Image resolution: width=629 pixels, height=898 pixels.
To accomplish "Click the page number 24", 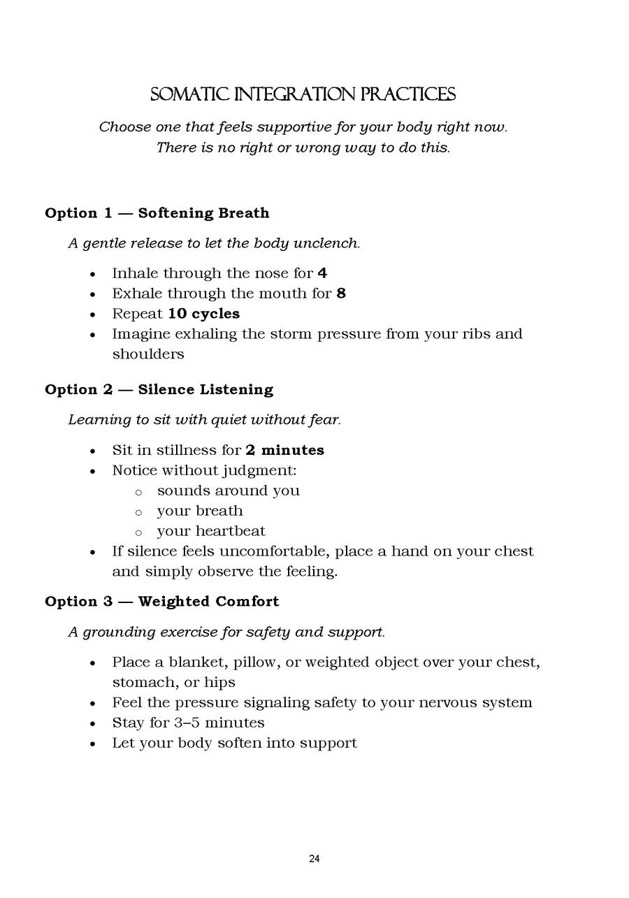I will coord(314,859).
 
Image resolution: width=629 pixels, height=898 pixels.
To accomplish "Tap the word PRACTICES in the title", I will coord(417,95).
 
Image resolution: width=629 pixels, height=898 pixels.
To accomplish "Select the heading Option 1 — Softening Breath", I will coord(157,213).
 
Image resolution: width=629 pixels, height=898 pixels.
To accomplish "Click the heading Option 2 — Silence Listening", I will coord(159,390).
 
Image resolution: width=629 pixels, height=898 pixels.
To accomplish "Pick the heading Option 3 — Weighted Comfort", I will coord(161,602).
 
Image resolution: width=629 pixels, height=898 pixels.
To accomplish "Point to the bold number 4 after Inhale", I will coord(322,273).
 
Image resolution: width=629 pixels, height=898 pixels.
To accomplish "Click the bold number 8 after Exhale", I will coord(341,294).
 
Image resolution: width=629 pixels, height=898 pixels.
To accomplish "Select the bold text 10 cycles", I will coord(203,314).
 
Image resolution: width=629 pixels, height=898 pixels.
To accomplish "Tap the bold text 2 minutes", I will coord(284,451).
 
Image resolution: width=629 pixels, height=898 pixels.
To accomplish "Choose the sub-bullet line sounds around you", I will coord(228,491).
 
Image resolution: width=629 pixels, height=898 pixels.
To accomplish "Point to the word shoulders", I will coord(148,354).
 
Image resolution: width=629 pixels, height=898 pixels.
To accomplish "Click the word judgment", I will coord(261,471).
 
